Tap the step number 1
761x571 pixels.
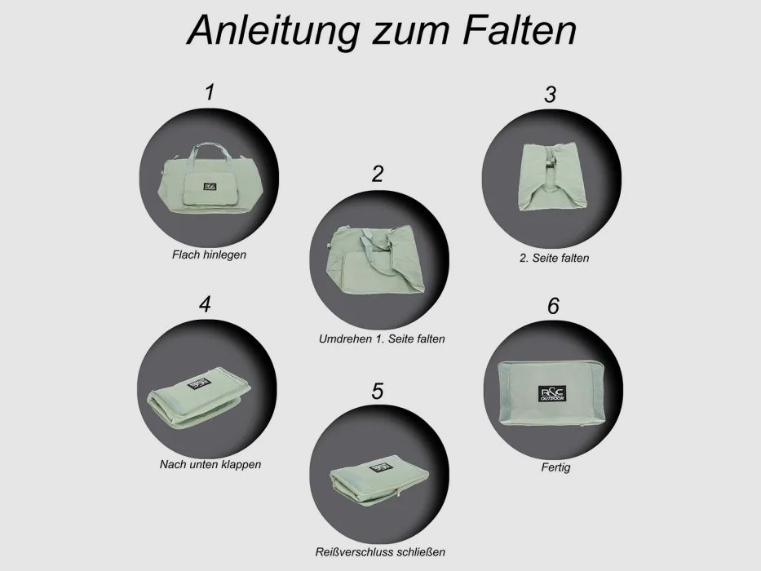click(x=210, y=91)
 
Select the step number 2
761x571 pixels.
click(x=377, y=173)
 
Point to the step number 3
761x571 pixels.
click(x=550, y=95)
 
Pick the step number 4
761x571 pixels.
click(x=205, y=304)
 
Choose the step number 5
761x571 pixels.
click(x=377, y=391)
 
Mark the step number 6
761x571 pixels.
click(x=553, y=307)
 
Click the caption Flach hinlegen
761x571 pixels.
click(x=209, y=255)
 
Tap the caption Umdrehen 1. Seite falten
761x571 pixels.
click(x=381, y=339)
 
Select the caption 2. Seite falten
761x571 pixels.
click(x=555, y=259)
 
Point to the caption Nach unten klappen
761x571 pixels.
click(x=210, y=465)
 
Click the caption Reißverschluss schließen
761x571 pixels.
click(x=381, y=552)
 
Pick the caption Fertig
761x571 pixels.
click(x=555, y=468)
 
